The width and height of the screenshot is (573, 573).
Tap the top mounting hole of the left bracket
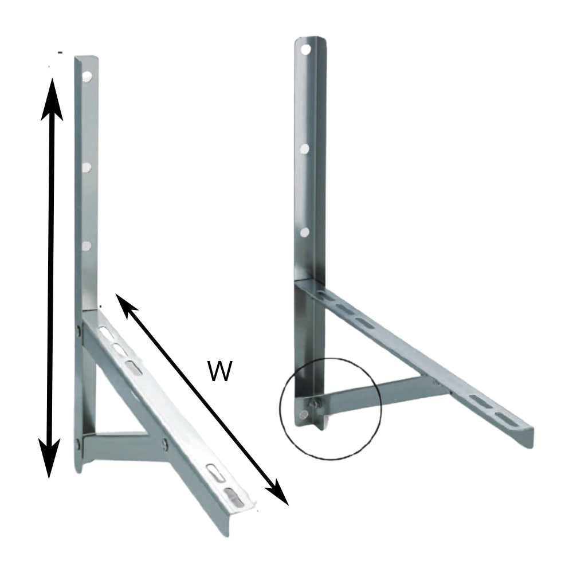(x=88, y=76)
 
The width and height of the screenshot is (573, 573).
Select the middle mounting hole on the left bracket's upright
(x=87, y=167)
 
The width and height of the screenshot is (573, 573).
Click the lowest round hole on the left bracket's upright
(x=87, y=245)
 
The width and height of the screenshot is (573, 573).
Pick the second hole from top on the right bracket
(x=305, y=148)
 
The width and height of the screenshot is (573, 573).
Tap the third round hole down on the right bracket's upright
(x=305, y=232)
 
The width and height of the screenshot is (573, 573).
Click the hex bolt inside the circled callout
(x=313, y=405)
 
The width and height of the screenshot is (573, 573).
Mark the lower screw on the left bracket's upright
(x=78, y=441)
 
